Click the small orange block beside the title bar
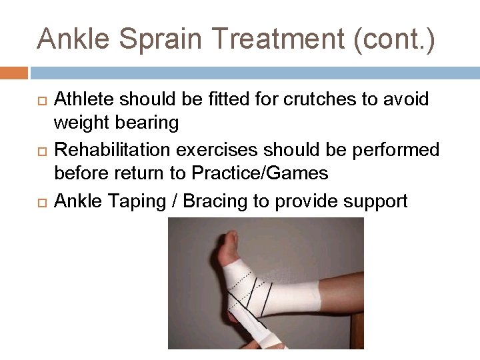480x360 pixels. pos(13,73)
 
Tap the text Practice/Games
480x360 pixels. pos(259,174)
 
